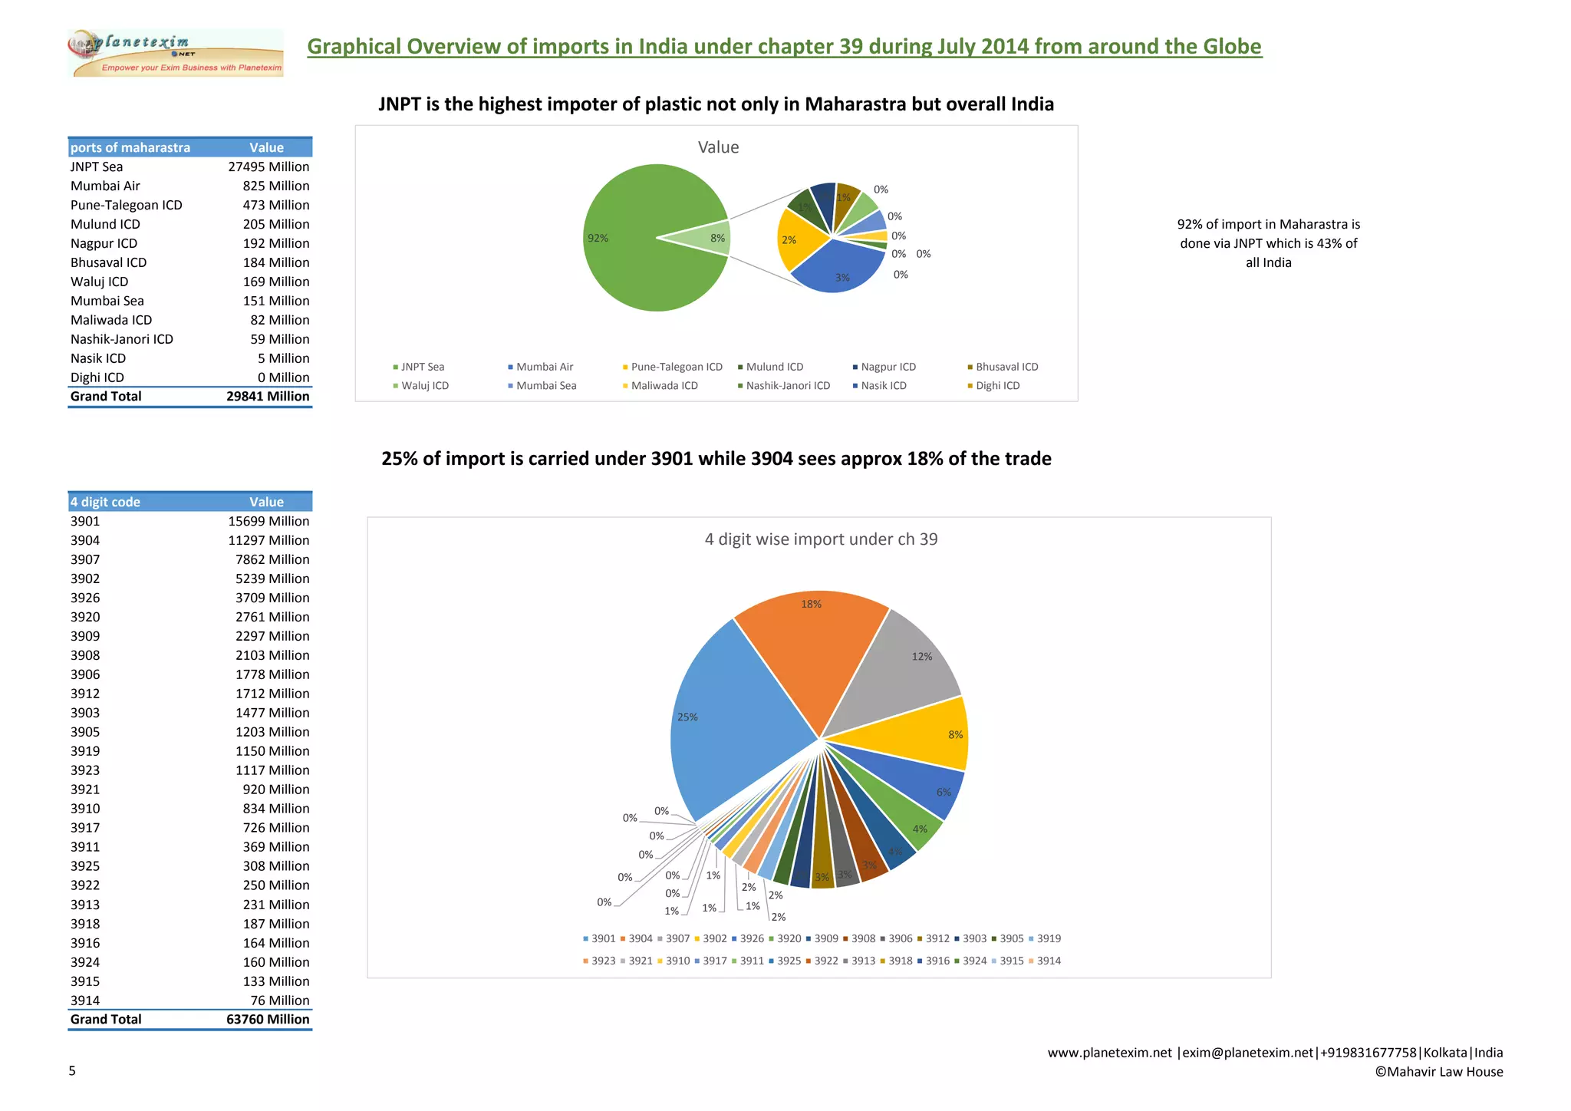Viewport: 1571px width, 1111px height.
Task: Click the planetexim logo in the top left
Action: point(176,53)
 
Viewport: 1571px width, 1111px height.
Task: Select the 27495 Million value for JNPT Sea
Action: point(268,166)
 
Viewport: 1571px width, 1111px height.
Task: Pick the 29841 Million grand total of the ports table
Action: point(268,396)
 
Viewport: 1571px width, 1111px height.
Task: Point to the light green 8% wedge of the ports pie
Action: point(710,238)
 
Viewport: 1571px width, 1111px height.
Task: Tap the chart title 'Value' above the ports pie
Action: point(718,147)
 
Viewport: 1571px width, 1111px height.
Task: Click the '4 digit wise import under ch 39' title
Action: point(821,539)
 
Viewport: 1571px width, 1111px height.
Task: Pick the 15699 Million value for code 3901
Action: point(268,521)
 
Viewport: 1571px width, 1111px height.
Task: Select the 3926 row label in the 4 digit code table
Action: point(85,598)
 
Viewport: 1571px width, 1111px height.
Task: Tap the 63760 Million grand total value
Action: point(268,1019)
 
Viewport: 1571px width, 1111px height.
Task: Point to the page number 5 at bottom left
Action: point(72,1071)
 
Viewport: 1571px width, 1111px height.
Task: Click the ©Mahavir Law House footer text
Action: point(1438,1072)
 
